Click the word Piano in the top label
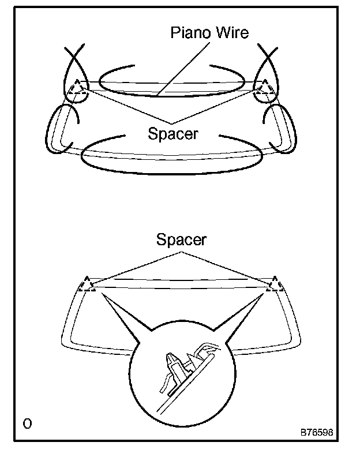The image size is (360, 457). tap(190, 32)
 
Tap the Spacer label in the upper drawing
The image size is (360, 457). tap(172, 134)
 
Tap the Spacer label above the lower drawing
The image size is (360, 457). tap(181, 239)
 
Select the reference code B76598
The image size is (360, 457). tap(316, 432)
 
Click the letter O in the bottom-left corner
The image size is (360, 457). tap(27, 424)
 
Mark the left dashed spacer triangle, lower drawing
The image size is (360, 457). tap(88, 284)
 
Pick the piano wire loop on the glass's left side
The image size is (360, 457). tap(51, 130)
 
